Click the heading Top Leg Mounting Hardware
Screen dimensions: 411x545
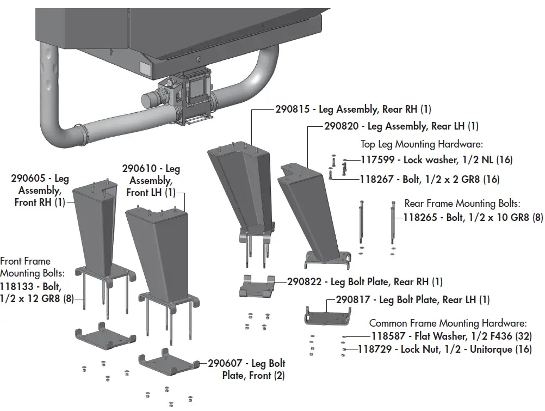(422, 144)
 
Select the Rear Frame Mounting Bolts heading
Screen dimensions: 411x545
(462, 204)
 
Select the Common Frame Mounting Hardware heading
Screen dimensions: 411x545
(448, 323)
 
